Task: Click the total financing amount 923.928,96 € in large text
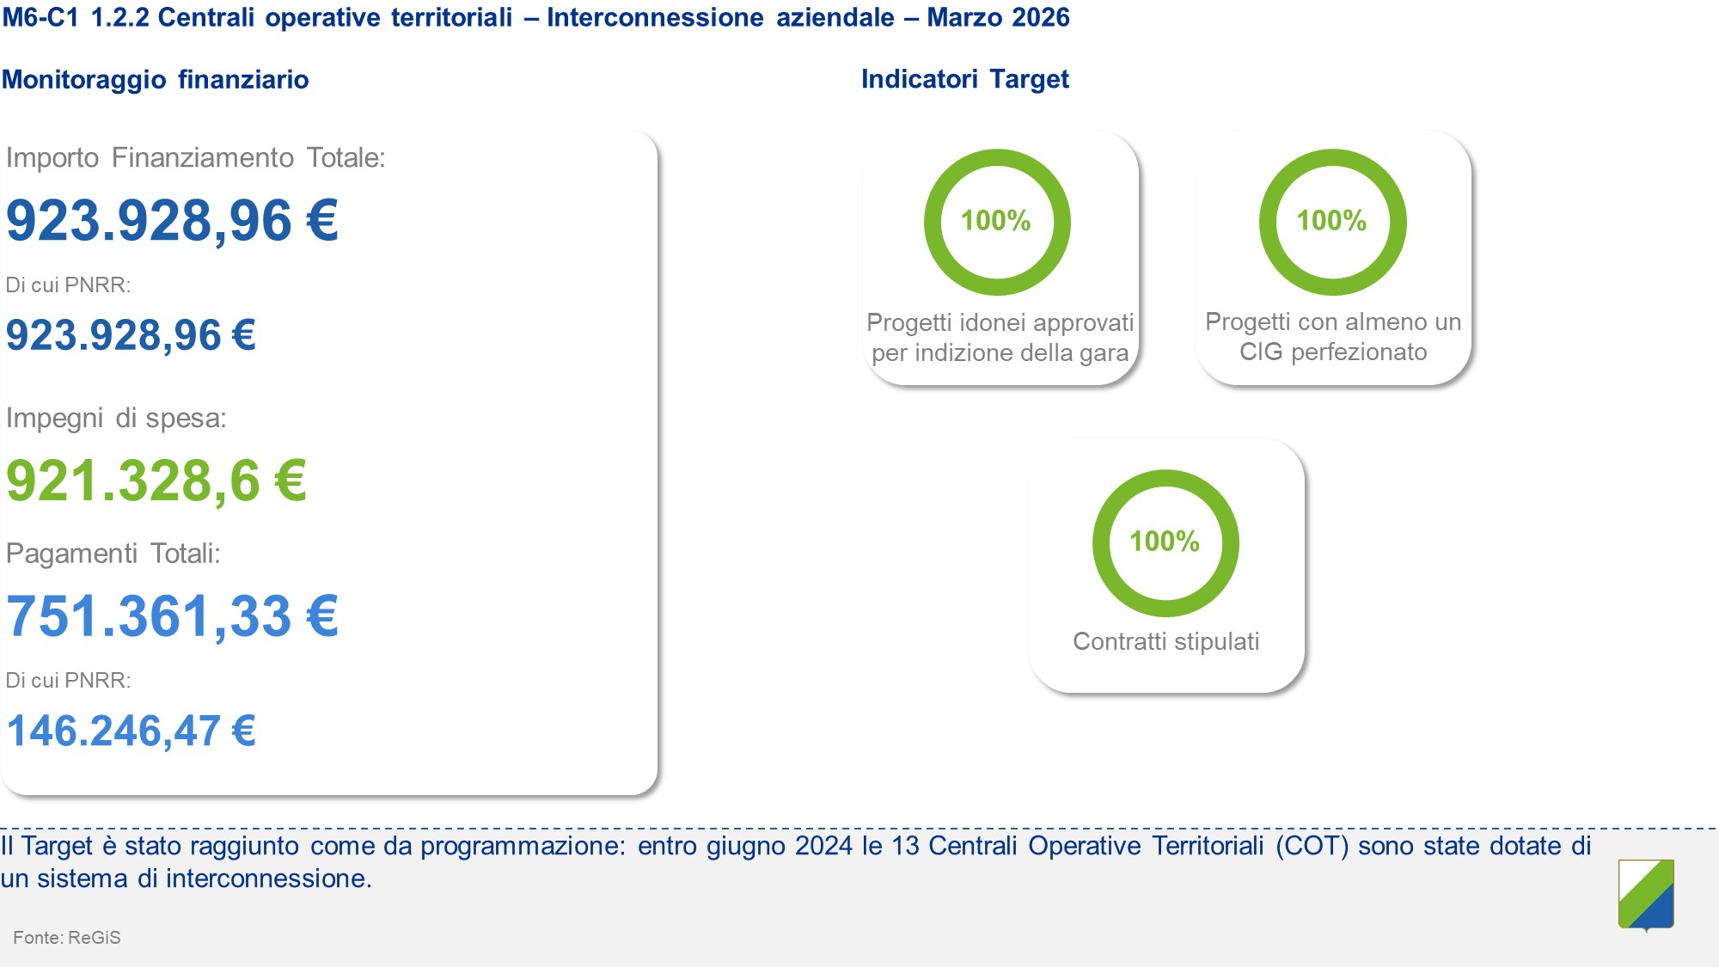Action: pyautogui.click(x=172, y=221)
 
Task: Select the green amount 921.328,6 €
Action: pyautogui.click(x=156, y=480)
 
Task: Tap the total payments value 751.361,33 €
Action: pyautogui.click(x=172, y=616)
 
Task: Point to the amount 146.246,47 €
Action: pyautogui.click(x=131, y=731)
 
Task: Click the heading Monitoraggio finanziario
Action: pyautogui.click(x=155, y=79)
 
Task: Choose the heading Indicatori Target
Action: pyautogui.click(x=965, y=79)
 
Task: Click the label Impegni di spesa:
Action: pyautogui.click(x=116, y=419)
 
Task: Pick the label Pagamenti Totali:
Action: pyautogui.click(x=113, y=554)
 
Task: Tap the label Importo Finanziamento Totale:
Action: pyautogui.click(x=195, y=158)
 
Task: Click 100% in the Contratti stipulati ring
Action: pyautogui.click(x=1165, y=542)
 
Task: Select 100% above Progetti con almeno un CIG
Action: pyautogui.click(x=1331, y=221)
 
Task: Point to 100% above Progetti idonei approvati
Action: pyautogui.click(x=995, y=221)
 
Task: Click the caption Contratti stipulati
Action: pyautogui.click(x=1166, y=641)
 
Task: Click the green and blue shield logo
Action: pyautogui.click(x=1646, y=895)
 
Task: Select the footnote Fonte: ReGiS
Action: pyautogui.click(x=67, y=938)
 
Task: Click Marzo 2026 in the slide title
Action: pyautogui.click(x=998, y=17)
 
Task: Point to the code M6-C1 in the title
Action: pyautogui.click(x=40, y=17)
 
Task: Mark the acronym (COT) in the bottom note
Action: pyautogui.click(x=1312, y=846)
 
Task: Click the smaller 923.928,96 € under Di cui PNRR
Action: pyautogui.click(x=131, y=335)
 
